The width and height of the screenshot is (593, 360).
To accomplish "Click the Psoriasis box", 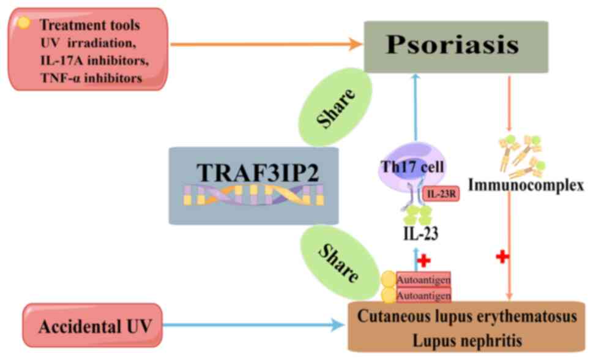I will (455, 47).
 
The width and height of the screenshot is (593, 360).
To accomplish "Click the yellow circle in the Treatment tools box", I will (23, 23).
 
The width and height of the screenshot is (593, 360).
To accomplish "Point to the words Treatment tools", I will (89, 26).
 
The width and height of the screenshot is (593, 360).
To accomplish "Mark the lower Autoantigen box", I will (423, 295).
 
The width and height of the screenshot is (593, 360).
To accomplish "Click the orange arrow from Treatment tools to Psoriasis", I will (263, 44).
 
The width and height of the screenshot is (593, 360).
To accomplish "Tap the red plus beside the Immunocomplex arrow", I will (502, 257).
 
